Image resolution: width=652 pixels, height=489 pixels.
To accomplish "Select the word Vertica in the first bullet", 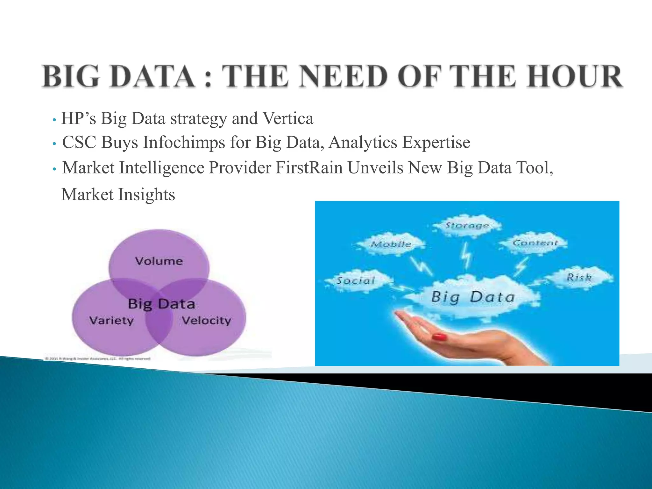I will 288,119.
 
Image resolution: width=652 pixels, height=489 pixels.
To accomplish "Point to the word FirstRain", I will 309,168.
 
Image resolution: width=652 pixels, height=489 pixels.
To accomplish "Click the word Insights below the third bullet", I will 146,195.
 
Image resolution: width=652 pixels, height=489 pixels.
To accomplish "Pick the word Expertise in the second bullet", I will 436,142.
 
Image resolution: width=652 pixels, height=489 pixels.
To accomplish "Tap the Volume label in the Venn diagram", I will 159,261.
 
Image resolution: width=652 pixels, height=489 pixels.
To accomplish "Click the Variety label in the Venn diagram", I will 111,320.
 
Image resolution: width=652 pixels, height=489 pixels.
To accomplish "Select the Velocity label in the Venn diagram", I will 206,320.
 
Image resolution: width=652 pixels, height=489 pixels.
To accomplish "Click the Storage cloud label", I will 467,225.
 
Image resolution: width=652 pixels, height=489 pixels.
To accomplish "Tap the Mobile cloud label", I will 391,244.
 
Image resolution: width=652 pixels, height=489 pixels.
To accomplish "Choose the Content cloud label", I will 535,243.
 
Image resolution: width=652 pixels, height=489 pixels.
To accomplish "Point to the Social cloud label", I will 356,280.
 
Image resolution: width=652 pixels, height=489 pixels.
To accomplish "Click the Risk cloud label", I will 579,277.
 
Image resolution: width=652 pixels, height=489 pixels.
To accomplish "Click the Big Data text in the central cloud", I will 473,297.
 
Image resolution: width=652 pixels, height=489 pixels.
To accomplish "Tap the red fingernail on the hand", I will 439,337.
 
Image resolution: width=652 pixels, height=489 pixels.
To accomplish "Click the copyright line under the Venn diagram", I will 97,358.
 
